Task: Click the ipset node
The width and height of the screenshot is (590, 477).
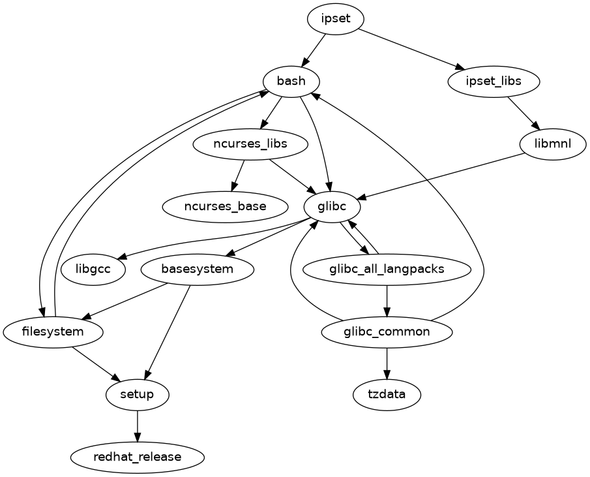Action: click(335, 19)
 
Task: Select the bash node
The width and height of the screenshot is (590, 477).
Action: click(291, 82)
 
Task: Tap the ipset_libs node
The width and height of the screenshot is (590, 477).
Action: click(494, 82)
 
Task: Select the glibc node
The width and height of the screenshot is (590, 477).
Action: click(332, 207)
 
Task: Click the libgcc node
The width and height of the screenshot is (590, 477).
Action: click(93, 269)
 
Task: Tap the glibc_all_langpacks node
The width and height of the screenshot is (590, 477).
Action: click(387, 269)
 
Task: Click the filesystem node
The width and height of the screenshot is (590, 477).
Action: click(53, 332)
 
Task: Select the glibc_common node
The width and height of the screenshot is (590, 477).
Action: click(387, 332)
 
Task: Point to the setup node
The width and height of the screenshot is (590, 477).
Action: click(138, 395)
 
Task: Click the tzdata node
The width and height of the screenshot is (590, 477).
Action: click(387, 395)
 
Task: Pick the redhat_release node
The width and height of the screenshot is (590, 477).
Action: click(138, 457)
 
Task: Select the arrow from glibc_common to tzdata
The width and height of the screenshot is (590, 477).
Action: click(387, 363)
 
